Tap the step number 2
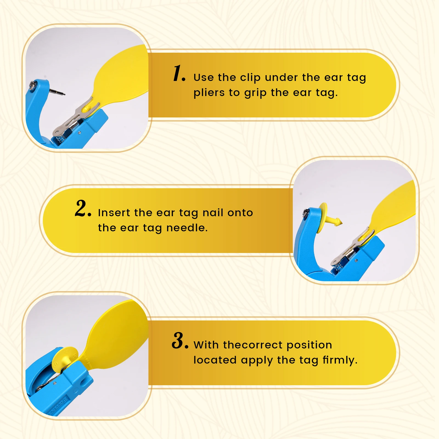pos(83,208)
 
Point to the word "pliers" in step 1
pos(209,93)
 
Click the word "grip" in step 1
pos(255,93)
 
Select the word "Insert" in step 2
pos(114,213)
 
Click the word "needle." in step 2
pos(187,228)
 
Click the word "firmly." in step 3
pos(340,360)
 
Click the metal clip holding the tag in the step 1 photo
pos(74,118)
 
